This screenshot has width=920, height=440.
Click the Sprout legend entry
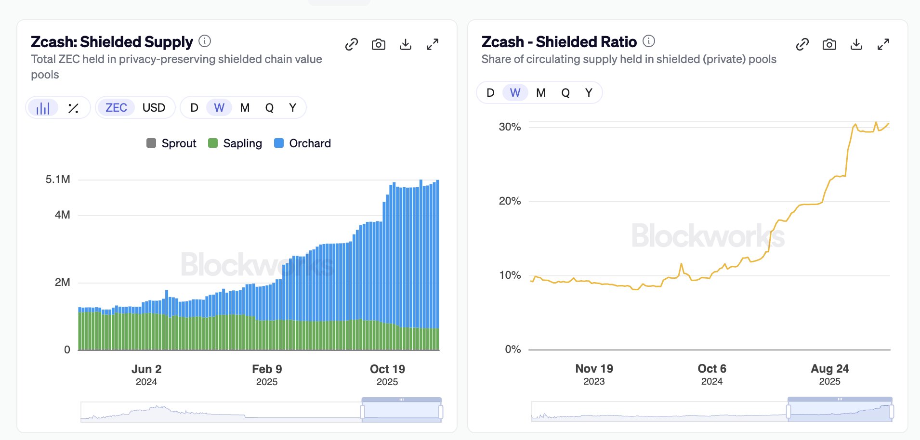click(172, 143)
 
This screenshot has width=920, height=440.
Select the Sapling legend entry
click(236, 143)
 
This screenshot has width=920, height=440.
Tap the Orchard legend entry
click(302, 143)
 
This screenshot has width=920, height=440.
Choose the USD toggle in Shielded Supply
click(154, 108)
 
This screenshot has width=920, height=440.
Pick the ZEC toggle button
click(116, 108)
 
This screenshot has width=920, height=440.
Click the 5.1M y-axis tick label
click(58, 180)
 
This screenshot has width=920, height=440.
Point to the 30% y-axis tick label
click(510, 127)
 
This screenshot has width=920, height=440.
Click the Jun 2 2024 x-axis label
click(146, 375)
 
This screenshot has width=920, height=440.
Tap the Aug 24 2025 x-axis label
click(829, 374)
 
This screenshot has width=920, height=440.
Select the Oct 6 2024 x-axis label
click(712, 374)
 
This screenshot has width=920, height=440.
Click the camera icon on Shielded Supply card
click(379, 45)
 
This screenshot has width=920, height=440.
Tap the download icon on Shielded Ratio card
click(856, 45)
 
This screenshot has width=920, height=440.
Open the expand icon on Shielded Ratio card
click(883, 45)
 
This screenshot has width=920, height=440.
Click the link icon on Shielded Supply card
click(352, 45)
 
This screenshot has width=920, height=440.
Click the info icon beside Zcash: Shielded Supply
click(205, 41)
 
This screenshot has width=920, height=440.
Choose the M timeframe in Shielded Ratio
click(541, 93)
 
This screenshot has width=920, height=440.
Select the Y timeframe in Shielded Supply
click(292, 108)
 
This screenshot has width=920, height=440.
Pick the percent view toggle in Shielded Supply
click(73, 108)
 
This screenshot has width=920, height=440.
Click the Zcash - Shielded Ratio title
click(559, 42)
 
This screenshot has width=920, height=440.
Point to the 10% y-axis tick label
click(510, 275)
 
